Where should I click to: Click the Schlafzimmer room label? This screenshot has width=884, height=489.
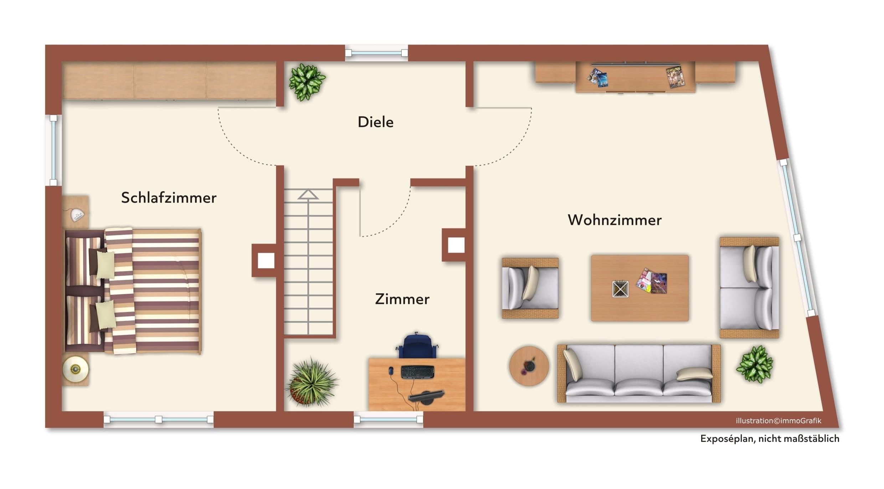(169, 198)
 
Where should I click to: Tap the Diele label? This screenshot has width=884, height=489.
(375, 122)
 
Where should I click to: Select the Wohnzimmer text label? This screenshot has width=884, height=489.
(615, 220)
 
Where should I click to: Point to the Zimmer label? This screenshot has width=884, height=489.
(402, 299)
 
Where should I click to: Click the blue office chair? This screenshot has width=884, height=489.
(417, 346)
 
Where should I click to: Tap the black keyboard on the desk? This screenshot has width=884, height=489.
(417, 372)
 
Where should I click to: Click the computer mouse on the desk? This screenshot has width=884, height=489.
(391, 371)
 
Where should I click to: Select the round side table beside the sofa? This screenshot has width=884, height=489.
(529, 366)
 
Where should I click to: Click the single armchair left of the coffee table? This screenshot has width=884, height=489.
(530, 288)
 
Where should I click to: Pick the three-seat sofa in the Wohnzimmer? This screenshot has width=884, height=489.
(639, 374)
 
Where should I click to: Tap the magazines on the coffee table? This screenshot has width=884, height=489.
(652, 281)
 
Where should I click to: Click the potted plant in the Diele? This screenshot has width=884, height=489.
(307, 82)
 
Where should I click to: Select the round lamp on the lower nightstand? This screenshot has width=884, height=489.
(75, 369)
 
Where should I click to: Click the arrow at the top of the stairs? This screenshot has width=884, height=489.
(308, 195)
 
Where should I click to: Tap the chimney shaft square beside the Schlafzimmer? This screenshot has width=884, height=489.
(266, 261)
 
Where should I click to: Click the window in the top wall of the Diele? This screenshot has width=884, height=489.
(376, 53)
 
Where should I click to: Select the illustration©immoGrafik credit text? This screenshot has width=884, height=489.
(778, 421)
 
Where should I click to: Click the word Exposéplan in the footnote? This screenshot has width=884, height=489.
(727, 439)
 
